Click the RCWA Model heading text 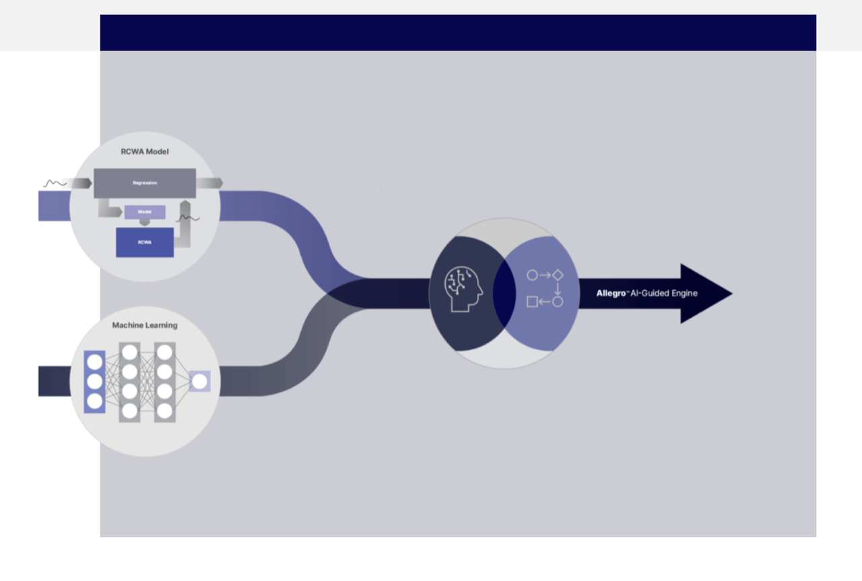click(145, 151)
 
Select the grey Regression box click(145, 183)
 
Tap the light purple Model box click(145, 212)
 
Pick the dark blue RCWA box click(145, 242)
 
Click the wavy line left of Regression click(55, 183)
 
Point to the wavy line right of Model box click(189, 218)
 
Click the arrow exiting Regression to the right click(209, 183)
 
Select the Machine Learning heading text click(145, 325)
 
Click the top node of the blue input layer click(95, 362)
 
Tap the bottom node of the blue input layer click(95, 401)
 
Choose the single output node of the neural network click(199, 382)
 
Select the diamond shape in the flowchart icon click(558, 275)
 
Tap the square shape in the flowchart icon click(532, 302)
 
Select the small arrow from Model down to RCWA click(145, 223)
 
